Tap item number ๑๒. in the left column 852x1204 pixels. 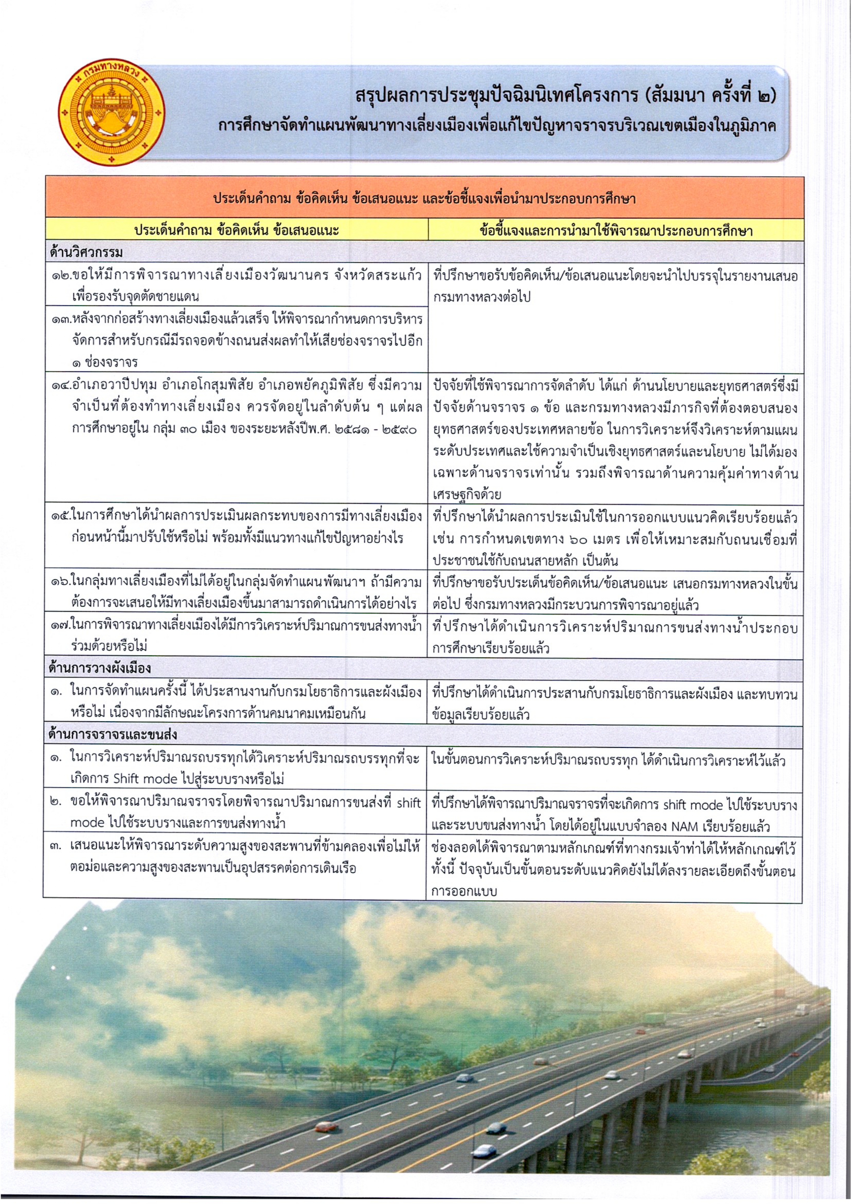pyautogui.click(x=60, y=276)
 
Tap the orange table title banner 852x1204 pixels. pyautogui.click(x=424, y=199)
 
